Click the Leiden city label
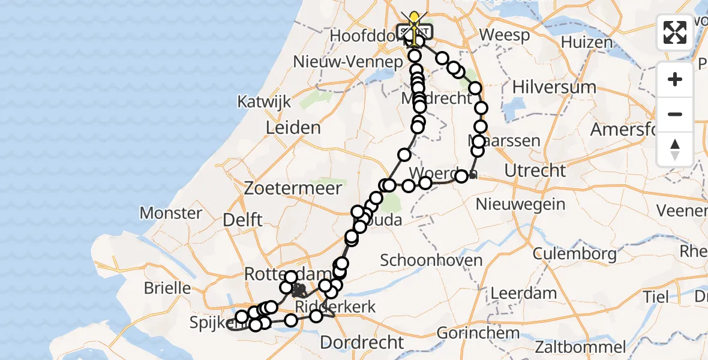[294, 128]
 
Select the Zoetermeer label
[293, 188]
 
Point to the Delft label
[242, 220]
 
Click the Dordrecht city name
[362, 343]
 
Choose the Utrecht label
[535, 170]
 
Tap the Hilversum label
[554, 86]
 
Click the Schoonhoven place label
[431, 260]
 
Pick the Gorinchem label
[478, 332]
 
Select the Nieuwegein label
[520, 204]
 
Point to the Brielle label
[167, 287]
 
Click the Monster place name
[171, 213]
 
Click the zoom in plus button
[675, 79]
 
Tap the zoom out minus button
[675, 114]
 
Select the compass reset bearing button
[675, 149]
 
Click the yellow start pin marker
[413, 18]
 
